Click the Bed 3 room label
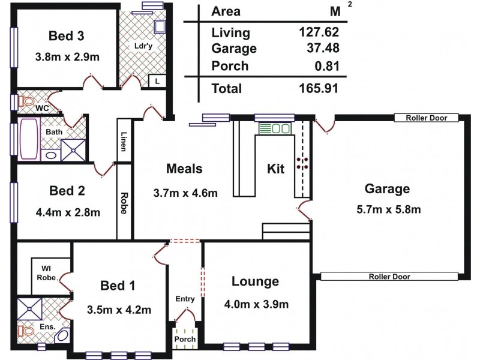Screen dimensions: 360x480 pyautogui.click(x=67, y=36)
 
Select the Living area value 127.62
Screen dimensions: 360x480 pyautogui.click(x=319, y=32)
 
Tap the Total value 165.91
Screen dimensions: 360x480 pyautogui.click(x=319, y=89)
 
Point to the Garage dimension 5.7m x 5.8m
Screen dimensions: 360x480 pyautogui.click(x=387, y=209)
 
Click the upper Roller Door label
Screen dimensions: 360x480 pyautogui.click(x=426, y=118)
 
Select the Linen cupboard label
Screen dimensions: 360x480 pyautogui.click(x=124, y=143)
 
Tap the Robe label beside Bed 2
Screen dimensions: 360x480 pyautogui.click(x=124, y=203)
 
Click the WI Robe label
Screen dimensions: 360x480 pyautogui.click(x=49, y=273)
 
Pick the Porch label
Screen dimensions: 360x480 pyautogui.click(x=185, y=340)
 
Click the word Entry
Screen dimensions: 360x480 pyautogui.click(x=185, y=299)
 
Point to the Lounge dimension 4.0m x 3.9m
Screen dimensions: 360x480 pyautogui.click(x=255, y=304)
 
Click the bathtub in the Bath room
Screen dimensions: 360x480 pyautogui.click(x=29, y=139)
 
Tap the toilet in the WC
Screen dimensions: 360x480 pyautogui.click(x=26, y=101)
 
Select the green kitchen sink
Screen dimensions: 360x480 pyautogui.click(x=274, y=128)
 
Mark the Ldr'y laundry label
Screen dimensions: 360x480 pyautogui.click(x=142, y=46)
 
